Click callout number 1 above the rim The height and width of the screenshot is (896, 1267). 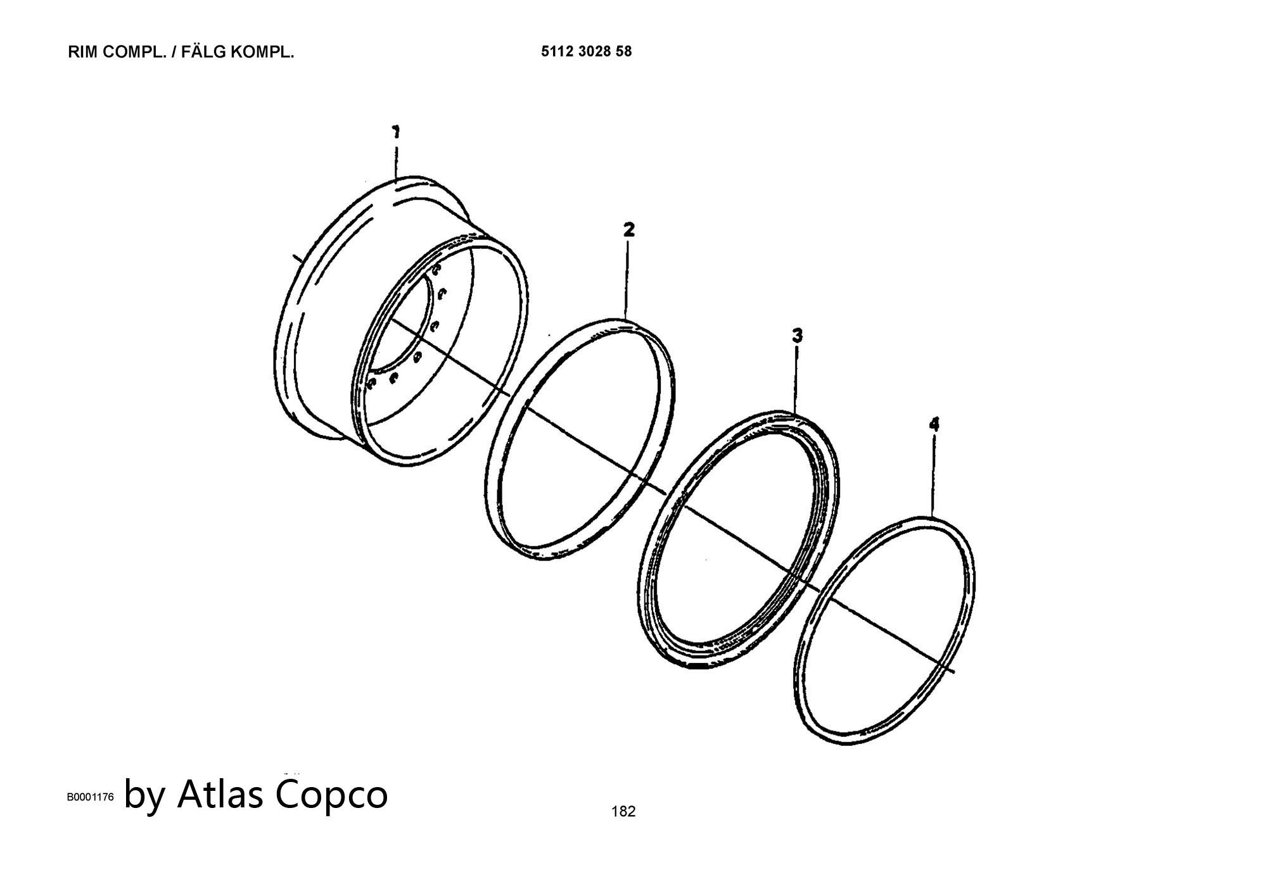[x=396, y=132]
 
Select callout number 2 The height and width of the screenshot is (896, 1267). [x=628, y=229]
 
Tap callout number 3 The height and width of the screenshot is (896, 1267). [x=797, y=336]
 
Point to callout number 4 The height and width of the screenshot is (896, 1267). [x=934, y=424]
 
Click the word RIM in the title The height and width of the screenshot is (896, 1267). [x=82, y=53]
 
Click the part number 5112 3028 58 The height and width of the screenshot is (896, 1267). [x=586, y=52]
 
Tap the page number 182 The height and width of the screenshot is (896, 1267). [x=623, y=811]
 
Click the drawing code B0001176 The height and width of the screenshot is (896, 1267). [x=91, y=797]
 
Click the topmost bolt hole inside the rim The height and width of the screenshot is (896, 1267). [x=436, y=270]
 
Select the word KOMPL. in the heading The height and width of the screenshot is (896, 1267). [x=263, y=53]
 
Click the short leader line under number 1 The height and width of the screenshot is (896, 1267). [x=396, y=161]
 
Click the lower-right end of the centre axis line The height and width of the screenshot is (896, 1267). [x=955, y=672]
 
